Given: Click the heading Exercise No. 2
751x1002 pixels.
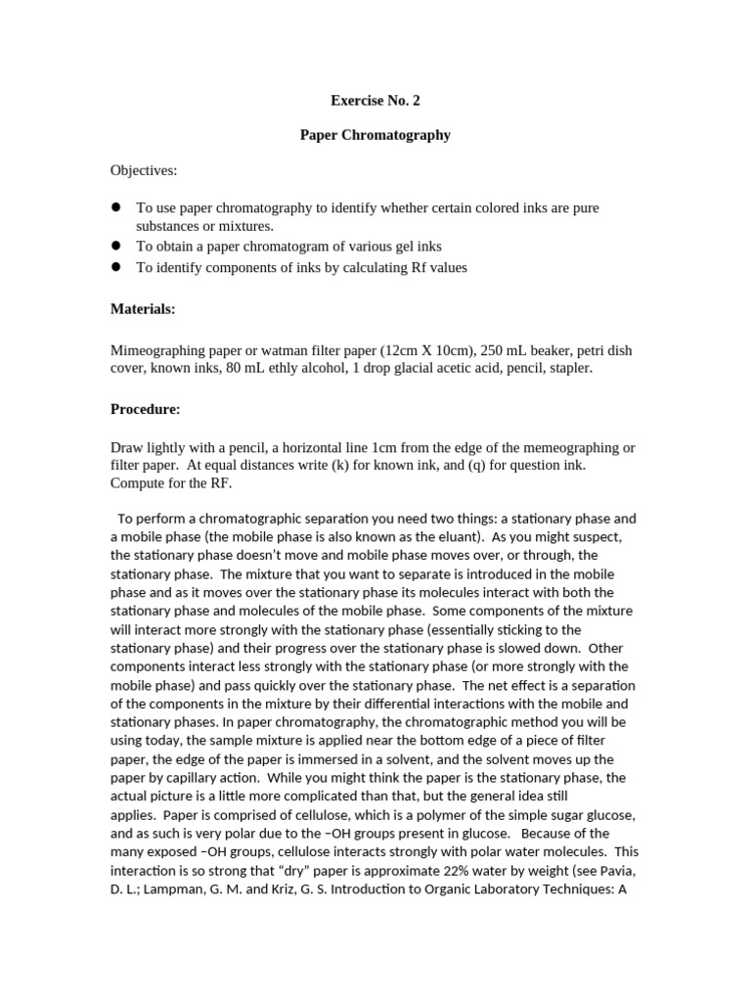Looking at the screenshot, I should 375,100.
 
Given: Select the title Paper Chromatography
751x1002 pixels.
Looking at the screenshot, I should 375,135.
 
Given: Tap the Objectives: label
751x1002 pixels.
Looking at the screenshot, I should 144,170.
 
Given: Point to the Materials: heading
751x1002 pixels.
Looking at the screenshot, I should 143,309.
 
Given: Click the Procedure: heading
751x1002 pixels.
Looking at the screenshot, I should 145,409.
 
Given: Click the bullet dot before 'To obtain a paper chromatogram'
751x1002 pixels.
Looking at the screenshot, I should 115,247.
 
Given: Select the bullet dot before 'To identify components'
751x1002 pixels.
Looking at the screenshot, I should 115,267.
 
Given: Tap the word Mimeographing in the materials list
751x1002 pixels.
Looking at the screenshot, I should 156,350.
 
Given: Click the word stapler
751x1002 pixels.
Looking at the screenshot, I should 568,368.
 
